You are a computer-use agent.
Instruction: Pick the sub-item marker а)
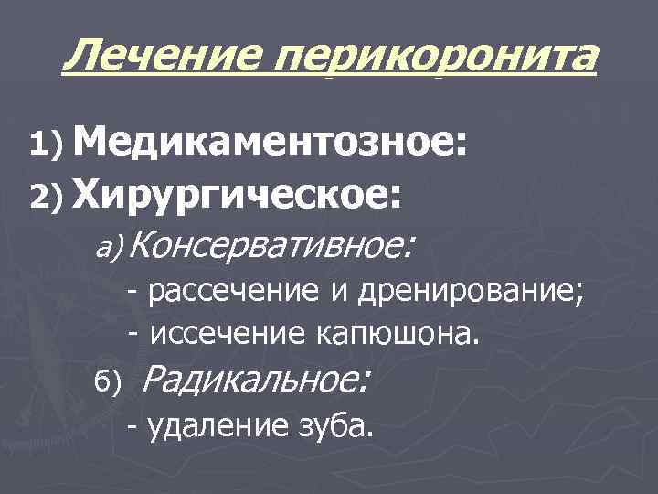point(116,246)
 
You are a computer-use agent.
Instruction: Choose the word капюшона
point(396,334)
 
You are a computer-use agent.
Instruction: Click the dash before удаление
point(133,425)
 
